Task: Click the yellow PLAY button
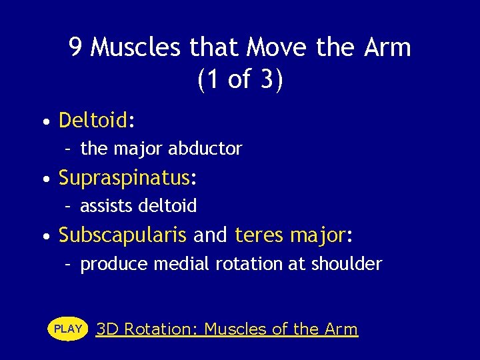pos(68,329)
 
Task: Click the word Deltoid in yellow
pos(93,121)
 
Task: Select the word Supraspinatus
pos(124,179)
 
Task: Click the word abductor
pos(205,149)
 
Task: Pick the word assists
pos(107,206)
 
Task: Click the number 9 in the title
pos(76,48)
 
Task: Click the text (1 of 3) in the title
pos(240,80)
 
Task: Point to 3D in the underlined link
pos(107,329)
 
